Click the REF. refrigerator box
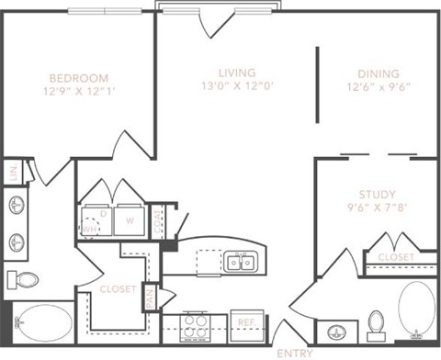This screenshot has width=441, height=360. [x=247, y=323]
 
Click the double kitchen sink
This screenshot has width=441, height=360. [x=241, y=264]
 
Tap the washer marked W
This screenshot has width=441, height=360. [x=130, y=220]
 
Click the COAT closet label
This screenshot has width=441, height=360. [x=157, y=220]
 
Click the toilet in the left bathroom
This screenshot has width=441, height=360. [x=25, y=279]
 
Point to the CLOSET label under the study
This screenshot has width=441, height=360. [x=396, y=257]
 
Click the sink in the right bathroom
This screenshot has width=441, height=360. [x=336, y=331]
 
